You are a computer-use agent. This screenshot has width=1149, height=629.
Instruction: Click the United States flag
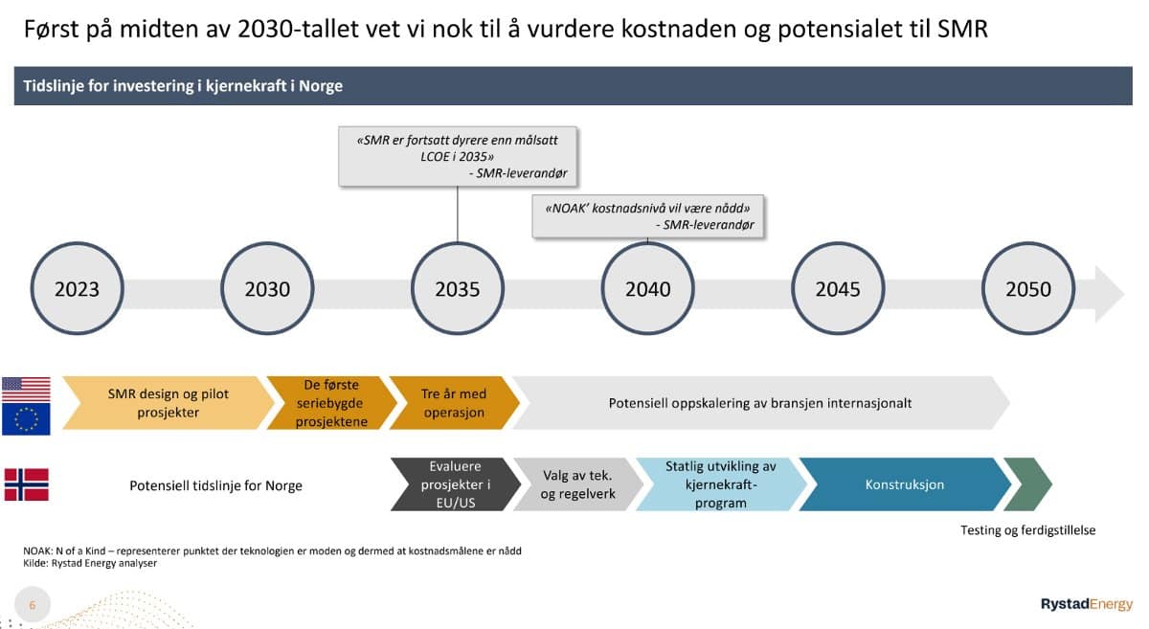[x=26, y=390]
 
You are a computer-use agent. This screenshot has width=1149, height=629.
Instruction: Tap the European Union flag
[x=26, y=418]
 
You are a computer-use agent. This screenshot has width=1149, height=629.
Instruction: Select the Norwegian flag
[x=27, y=484]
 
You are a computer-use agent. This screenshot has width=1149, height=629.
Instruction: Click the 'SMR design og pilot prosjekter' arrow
[x=169, y=403]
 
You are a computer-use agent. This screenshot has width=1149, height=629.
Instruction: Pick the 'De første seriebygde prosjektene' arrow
[x=331, y=403]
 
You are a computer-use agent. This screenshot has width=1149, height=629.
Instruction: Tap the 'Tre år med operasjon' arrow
[x=454, y=403]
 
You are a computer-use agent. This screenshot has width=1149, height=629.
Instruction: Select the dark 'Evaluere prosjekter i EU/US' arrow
[x=456, y=484]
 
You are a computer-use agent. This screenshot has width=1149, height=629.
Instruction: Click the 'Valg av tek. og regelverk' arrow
[x=578, y=484]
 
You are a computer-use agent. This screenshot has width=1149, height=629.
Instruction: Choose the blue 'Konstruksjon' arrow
[x=905, y=484]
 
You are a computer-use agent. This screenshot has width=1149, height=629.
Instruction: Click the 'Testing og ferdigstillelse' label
[x=1028, y=530]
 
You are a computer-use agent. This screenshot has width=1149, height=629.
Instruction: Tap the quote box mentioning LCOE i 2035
[x=458, y=156]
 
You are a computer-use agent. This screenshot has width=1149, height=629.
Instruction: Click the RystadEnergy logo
[x=1087, y=604]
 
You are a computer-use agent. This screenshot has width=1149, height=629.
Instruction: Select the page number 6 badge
[x=33, y=605]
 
